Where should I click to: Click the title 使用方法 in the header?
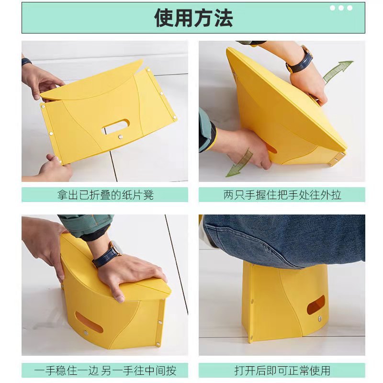point(193,18)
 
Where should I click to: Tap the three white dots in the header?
point(341,8)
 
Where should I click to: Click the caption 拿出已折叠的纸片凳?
point(105,195)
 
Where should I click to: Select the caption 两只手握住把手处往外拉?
point(282,195)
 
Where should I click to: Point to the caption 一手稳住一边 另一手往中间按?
point(105,370)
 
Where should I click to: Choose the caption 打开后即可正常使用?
point(282,370)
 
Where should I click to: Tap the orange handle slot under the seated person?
point(315,304)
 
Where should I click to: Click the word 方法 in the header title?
point(213,18)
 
